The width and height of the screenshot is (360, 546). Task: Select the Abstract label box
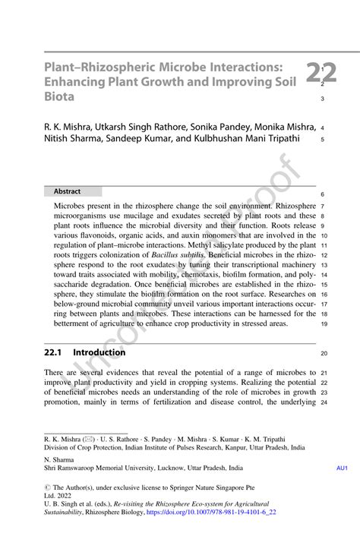point(68,191)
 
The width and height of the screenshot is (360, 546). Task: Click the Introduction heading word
point(99,352)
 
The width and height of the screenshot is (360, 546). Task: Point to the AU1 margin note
point(342,469)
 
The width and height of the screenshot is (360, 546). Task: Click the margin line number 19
point(324,323)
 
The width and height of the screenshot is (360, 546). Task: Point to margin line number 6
point(324,194)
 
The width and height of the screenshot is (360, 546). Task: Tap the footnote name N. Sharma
point(60,459)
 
